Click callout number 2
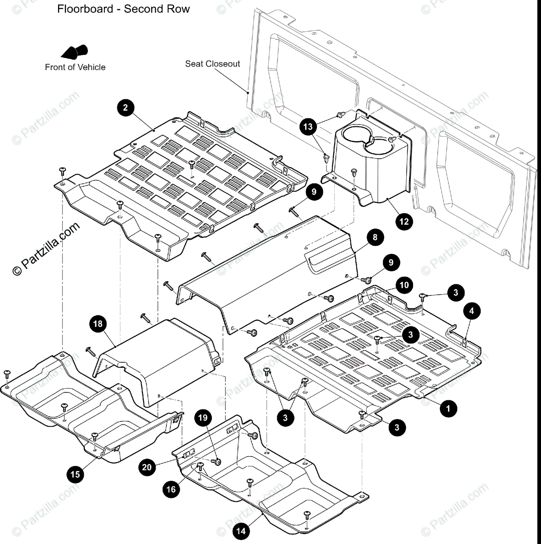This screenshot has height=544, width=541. click(x=126, y=108)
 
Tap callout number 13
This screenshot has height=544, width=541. click(x=308, y=126)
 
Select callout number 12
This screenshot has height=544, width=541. click(x=404, y=221)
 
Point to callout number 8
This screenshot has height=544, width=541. click(x=375, y=237)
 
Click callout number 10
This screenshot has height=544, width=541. click(x=404, y=285)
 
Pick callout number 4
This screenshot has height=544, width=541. click(x=472, y=311)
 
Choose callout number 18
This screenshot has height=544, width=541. click(x=98, y=324)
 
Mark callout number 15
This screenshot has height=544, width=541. click(x=75, y=474)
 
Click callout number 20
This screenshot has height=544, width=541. click(x=147, y=467)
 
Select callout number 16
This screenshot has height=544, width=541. click(x=171, y=489)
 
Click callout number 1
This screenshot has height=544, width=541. click(x=448, y=408)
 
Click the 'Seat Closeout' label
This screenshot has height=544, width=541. click(x=212, y=64)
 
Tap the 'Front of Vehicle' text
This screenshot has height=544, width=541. click(x=75, y=67)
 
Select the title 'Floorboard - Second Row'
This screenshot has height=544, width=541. click(x=123, y=9)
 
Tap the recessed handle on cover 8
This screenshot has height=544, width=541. click(x=330, y=262)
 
